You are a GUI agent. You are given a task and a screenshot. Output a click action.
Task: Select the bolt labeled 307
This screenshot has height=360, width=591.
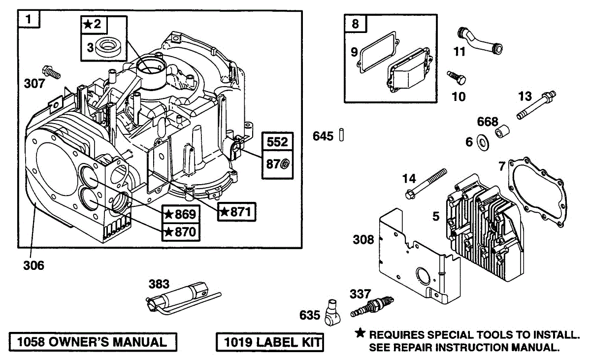point(51,72)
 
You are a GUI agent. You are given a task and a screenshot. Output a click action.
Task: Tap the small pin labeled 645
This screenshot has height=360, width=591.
point(340,135)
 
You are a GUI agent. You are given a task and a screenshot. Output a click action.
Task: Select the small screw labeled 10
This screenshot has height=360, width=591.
point(456,77)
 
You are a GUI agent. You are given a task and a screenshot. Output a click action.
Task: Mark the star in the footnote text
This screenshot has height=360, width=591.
point(361,333)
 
